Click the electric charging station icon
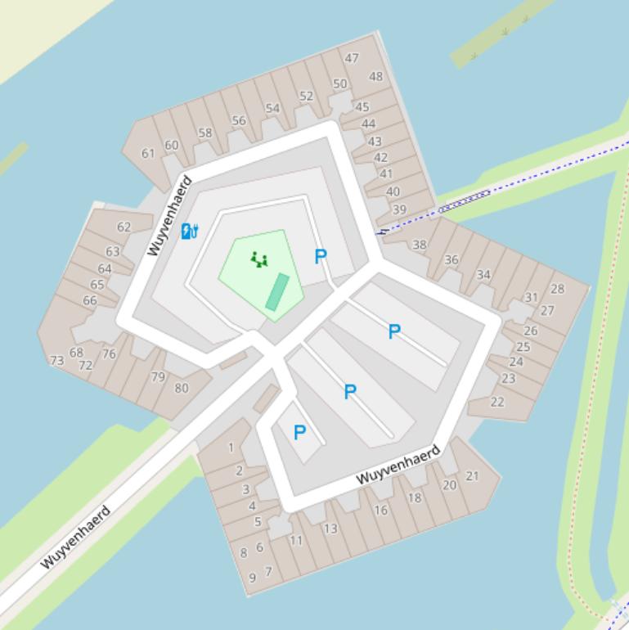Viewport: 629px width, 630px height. coord(189,232)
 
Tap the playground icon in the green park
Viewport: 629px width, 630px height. coord(259,259)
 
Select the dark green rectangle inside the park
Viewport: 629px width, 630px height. coord(277,292)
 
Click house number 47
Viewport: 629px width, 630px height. coord(352,58)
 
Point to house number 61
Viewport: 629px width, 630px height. coord(148,153)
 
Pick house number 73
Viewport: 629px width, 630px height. coord(56,360)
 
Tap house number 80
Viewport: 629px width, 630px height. coord(182,388)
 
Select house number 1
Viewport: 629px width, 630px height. coord(231,448)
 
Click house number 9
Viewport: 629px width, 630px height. coord(252,577)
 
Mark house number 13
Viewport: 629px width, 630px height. coord(330,529)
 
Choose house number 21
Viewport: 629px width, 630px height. coord(472,475)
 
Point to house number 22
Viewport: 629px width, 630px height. coord(497,402)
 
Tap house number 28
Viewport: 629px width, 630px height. coord(558,289)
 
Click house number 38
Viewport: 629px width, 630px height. coord(420,245)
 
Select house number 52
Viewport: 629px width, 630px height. coord(306,96)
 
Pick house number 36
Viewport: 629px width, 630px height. coord(452,259)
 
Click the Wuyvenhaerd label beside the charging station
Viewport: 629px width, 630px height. coord(169,215)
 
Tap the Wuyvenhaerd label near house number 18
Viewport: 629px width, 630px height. coord(398,464)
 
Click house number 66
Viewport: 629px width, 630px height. coord(90,300)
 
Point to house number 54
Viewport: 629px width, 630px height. coord(272,108)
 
